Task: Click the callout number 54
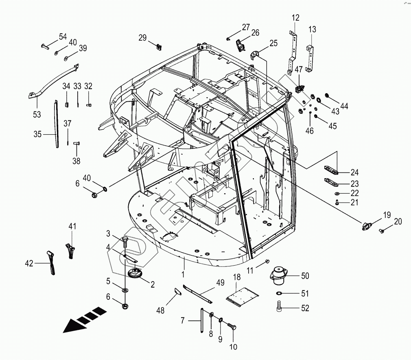(x=63, y=37)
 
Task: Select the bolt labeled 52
(x=280, y=306)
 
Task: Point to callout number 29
(x=142, y=38)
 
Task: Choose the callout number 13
(x=312, y=29)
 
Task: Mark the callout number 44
(x=344, y=106)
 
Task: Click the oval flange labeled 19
(x=367, y=225)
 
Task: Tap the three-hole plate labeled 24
(x=332, y=170)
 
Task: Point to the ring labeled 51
(x=280, y=293)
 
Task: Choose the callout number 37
(x=68, y=123)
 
